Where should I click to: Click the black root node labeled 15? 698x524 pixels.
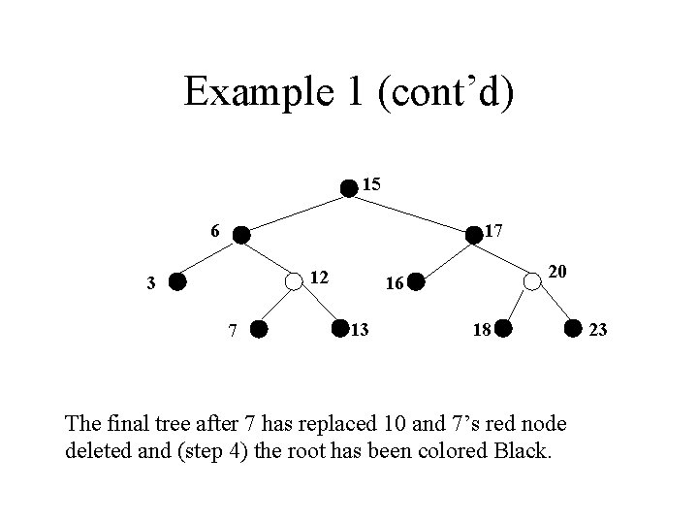pos(349,187)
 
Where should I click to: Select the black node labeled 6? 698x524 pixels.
pos(240,235)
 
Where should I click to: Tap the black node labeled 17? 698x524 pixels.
pos(473,235)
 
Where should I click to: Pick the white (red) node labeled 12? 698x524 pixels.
pos(293,282)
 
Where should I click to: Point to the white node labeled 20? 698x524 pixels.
pos(532,282)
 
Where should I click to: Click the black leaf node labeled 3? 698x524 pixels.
pos(176,282)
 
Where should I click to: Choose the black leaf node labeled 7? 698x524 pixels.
pos(259,330)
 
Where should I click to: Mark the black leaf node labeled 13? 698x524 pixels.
pos(340,330)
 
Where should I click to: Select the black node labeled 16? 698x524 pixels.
pos(415,282)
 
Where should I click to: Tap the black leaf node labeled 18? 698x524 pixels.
pos(499,330)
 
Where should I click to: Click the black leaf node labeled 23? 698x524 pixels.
pos(573,330)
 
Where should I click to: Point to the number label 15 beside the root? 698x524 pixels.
pos(371,183)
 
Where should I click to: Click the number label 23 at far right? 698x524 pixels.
pos(598,331)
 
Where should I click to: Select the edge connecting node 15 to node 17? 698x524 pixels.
pos(411,211)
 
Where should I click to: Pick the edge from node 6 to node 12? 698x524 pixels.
pos(267,258)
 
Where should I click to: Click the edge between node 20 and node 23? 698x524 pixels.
pos(553,306)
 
